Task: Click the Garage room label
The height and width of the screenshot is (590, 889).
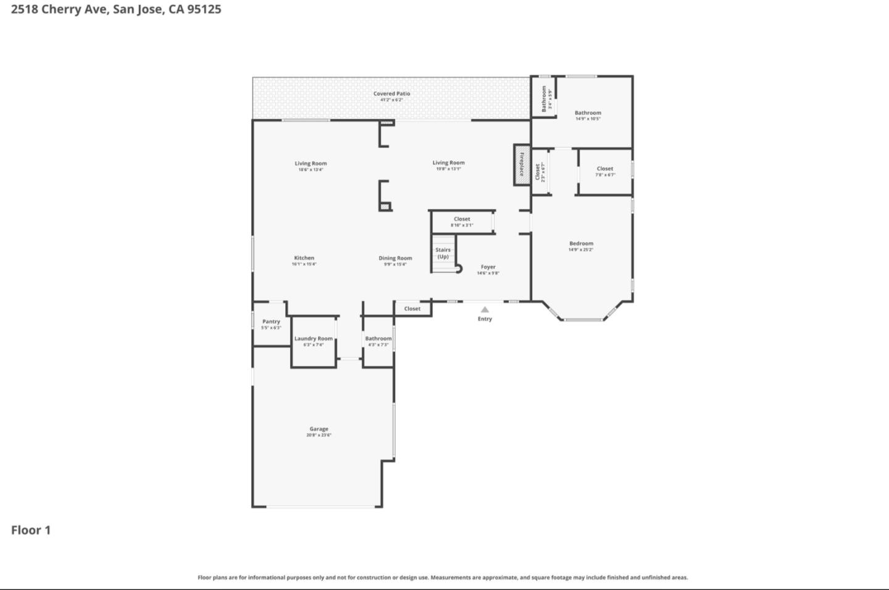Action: point(319,429)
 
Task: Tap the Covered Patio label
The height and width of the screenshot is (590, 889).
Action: point(391,94)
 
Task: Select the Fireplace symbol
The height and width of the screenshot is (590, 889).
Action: point(522,165)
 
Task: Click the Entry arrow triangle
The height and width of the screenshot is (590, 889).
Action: point(485,310)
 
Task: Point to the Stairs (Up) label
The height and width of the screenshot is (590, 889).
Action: point(443,253)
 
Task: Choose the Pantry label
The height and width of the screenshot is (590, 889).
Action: point(271,322)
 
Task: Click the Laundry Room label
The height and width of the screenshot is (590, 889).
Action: point(313,338)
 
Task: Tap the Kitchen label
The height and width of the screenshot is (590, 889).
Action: point(304,258)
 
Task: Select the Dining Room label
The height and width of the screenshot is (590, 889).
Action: point(395,258)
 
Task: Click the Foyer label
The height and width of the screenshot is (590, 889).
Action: point(488,267)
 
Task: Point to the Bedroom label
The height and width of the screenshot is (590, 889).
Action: point(581,244)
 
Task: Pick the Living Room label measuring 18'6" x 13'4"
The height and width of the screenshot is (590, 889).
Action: point(311,164)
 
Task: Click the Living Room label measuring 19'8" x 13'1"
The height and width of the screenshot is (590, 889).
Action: point(448,163)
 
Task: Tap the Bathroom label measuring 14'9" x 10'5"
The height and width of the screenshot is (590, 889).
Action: point(588,113)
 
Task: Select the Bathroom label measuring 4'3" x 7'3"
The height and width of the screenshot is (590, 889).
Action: point(378,338)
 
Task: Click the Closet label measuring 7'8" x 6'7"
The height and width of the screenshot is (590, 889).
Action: point(605,168)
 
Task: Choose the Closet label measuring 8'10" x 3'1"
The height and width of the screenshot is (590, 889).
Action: point(462,219)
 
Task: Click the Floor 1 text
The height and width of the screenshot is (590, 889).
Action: point(31,530)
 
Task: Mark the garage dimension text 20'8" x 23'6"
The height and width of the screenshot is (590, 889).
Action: point(319,435)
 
